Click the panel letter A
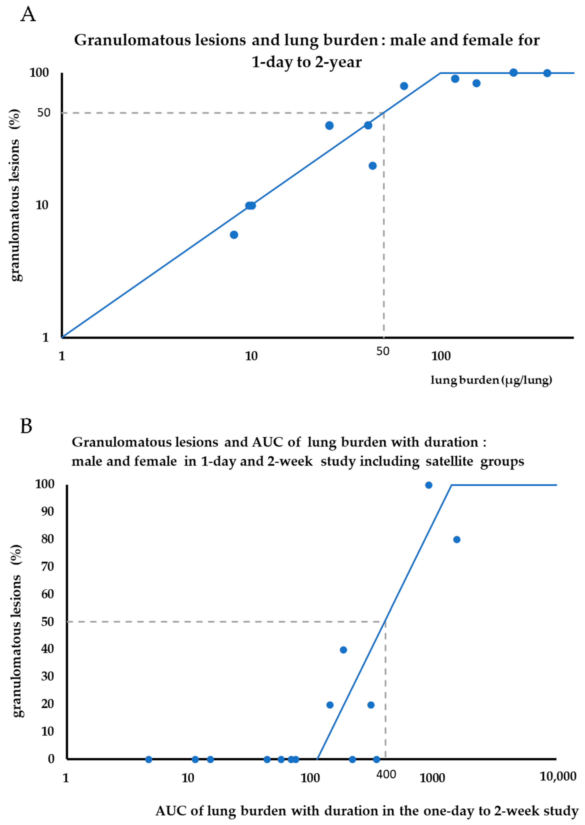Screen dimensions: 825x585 (x=28, y=15)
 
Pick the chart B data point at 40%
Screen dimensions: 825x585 (x=343, y=650)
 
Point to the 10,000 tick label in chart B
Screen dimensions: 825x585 (x=558, y=777)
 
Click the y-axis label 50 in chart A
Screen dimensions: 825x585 (x=44, y=113)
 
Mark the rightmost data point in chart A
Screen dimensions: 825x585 (x=547, y=73)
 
